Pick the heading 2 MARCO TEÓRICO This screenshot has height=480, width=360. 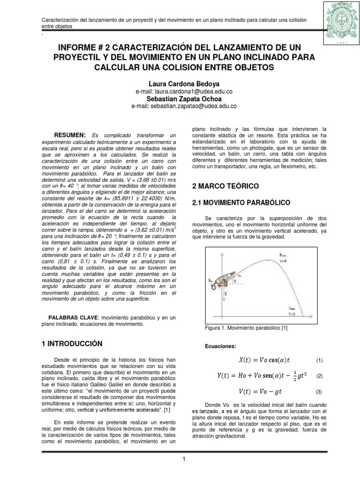(x=225, y=186)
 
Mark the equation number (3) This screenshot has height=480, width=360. (x=320, y=391)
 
